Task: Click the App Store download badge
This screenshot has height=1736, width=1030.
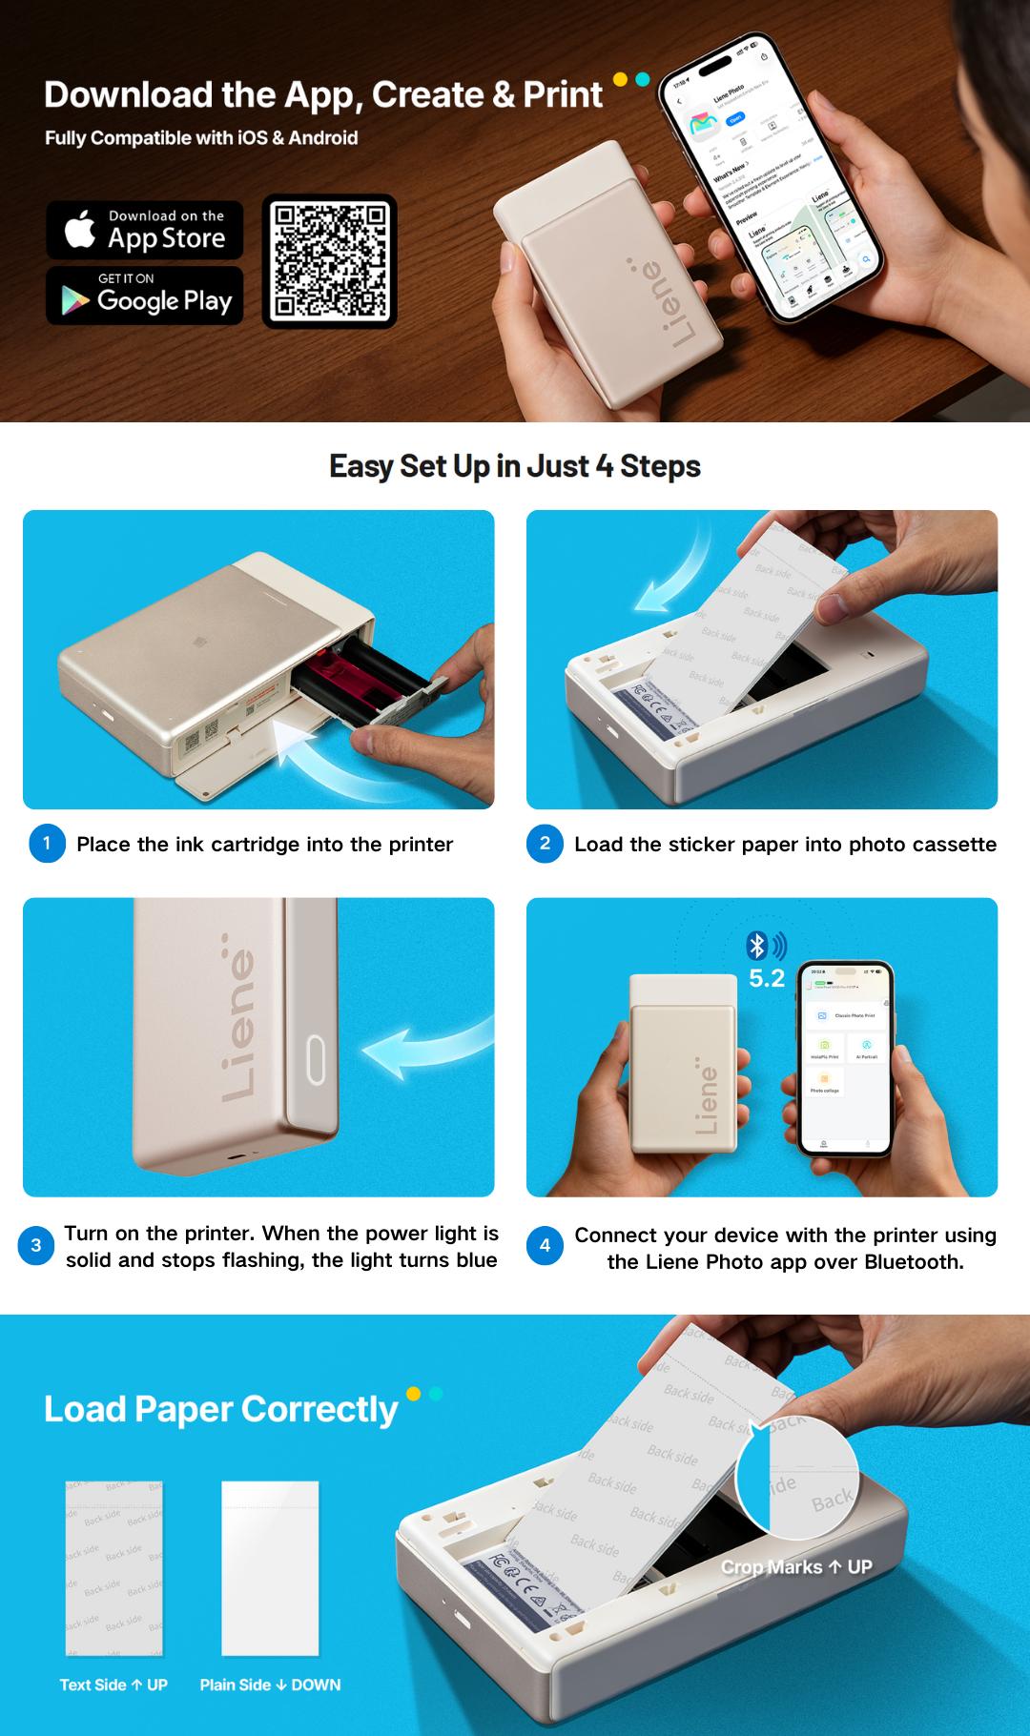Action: [145, 230]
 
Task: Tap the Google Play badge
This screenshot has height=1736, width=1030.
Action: [145, 296]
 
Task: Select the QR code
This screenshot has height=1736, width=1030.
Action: [330, 261]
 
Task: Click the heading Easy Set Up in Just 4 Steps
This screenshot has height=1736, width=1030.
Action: [515, 466]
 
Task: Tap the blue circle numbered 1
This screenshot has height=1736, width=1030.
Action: [47, 844]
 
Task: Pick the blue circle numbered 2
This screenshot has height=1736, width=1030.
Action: [545, 844]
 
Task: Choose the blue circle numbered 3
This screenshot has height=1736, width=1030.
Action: [36, 1245]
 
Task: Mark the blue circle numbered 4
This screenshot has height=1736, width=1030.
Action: [545, 1245]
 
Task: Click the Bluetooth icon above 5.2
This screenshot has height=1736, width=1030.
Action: [757, 946]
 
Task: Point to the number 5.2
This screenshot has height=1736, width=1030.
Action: [766, 978]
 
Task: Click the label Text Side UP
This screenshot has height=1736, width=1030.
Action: [113, 1685]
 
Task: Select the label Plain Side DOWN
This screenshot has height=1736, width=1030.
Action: [270, 1685]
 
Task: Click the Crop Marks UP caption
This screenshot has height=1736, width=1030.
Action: [796, 1567]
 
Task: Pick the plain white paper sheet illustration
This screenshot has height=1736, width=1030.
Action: [270, 1567]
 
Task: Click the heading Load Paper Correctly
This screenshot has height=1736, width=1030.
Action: [220, 1409]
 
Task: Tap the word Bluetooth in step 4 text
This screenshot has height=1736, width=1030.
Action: [917, 1262]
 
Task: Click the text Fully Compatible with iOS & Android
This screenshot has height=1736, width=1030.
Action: [201, 138]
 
